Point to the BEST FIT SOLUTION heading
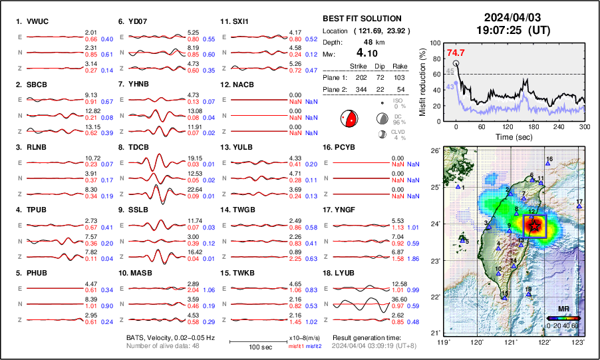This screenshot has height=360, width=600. pos(361,19)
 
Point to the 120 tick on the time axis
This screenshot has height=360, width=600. pos(508,126)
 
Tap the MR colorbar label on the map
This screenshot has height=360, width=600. pos(563,309)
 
